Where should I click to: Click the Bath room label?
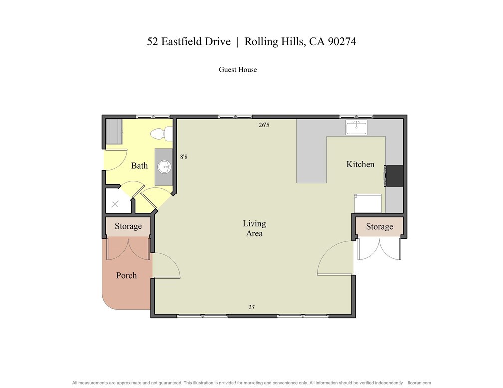(x=140, y=166)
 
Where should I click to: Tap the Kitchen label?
(x=360, y=164)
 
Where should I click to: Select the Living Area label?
(x=254, y=228)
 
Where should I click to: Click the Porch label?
(x=126, y=275)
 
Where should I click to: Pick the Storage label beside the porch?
(x=128, y=226)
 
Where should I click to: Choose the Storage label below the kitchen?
(x=379, y=227)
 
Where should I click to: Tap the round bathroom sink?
(x=164, y=167)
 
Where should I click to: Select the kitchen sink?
(x=356, y=127)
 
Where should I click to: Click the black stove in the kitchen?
(x=394, y=176)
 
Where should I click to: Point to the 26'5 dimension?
(x=264, y=125)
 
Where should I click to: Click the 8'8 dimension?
(x=184, y=157)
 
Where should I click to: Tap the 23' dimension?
(x=252, y=307)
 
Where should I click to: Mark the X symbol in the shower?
(x=115, y=204)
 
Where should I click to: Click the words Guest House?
(x=238, y=70)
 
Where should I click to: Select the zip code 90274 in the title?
(x=342, y=42)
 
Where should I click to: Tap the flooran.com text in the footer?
(x=419, y=383)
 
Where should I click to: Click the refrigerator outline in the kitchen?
(x=368, y=203)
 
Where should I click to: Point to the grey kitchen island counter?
(x=311, y=151)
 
